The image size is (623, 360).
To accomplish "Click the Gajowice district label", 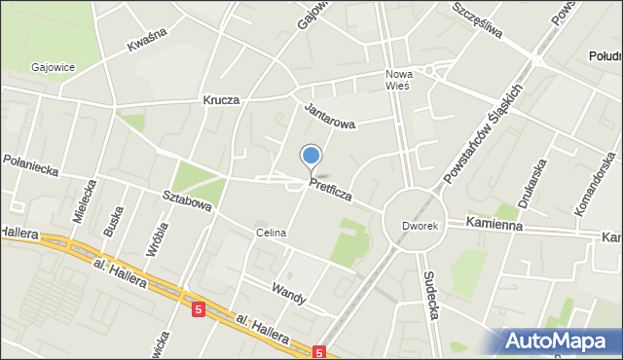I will (54, 67).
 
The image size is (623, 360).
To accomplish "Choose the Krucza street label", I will (221, 100).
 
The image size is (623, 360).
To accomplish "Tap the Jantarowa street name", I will (330, 117).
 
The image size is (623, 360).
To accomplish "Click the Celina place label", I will (271, 234).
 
